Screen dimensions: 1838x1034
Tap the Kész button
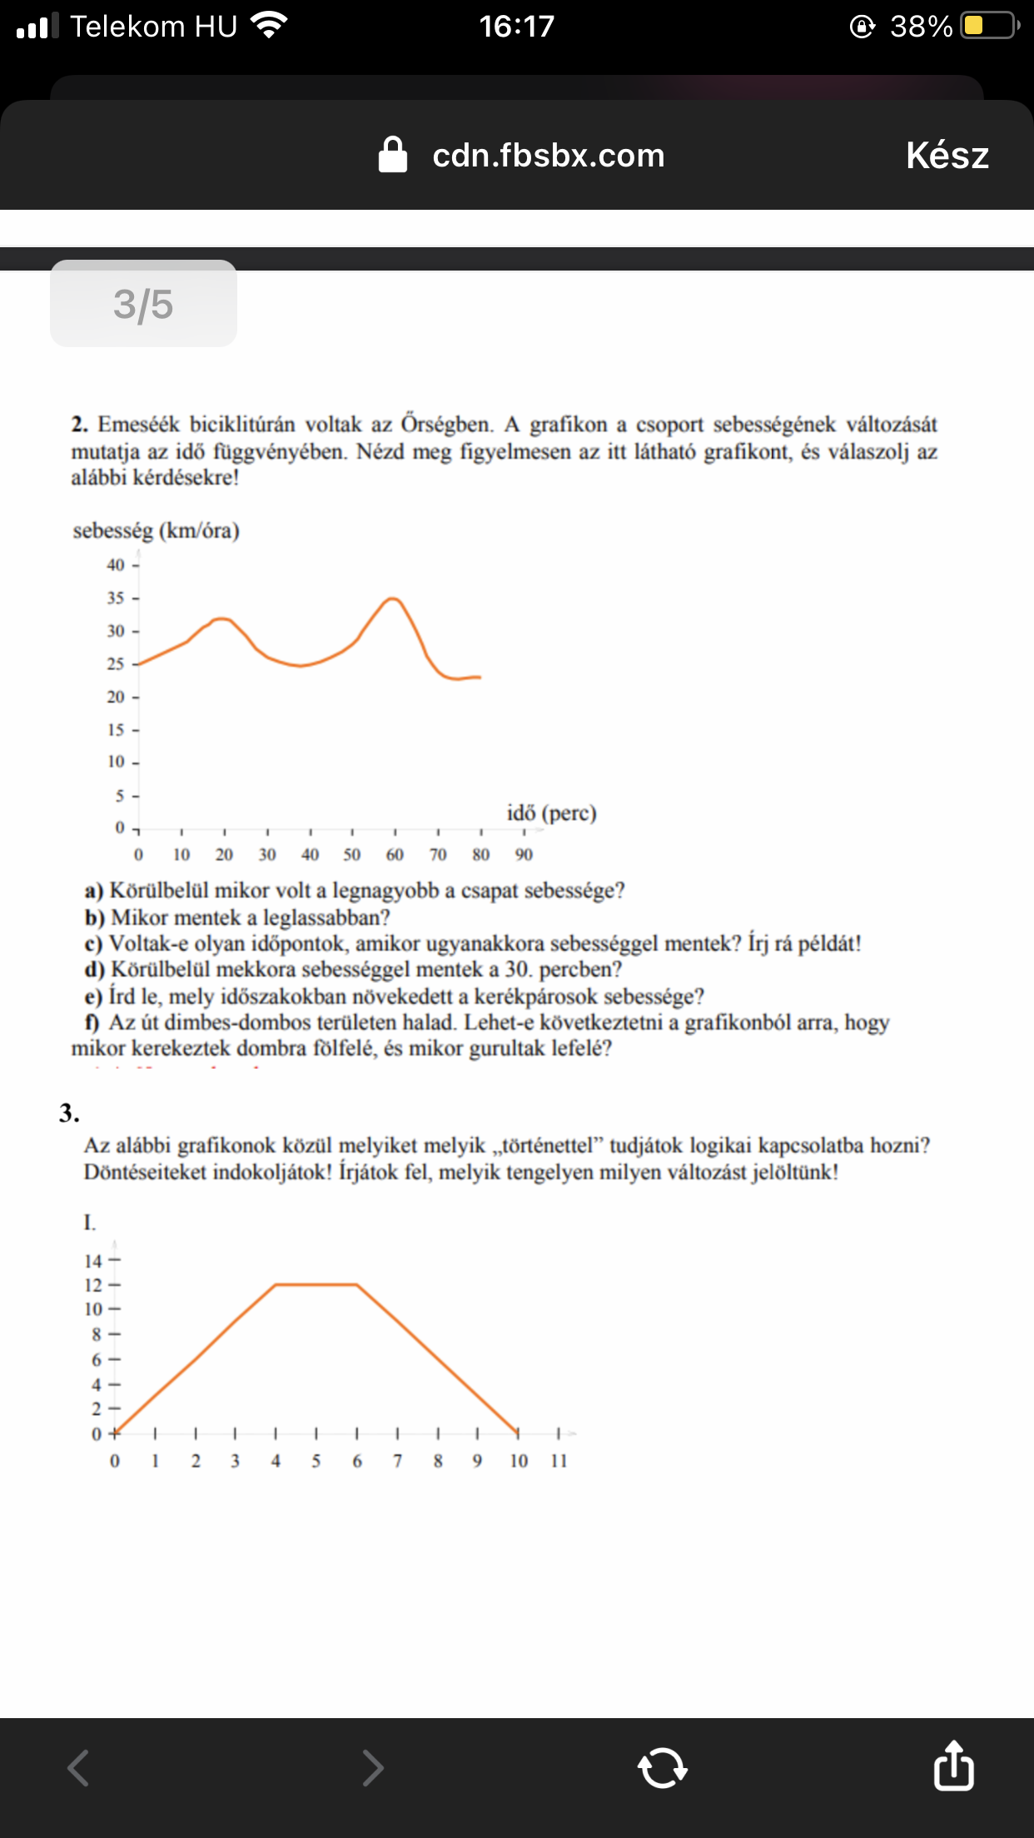(x=947, y=156)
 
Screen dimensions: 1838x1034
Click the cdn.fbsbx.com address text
(x=548, y=156)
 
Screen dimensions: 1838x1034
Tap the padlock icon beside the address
(x=393, y=155)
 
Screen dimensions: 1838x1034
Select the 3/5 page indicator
(x=143, y=304)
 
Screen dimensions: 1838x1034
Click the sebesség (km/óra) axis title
(x=156, y=531)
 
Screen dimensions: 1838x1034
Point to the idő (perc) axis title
(x=551, y=812)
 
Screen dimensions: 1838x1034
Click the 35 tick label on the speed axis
(x=115, y=598)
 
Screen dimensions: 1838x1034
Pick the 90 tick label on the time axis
(x=524, y=854)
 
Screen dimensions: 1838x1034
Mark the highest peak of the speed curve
(x=392, y=599)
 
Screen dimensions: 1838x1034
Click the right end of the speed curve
(x=480, y=677)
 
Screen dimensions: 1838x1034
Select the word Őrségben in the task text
(x=446, y=425)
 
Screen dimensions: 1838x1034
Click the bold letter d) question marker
(x=94, y=970)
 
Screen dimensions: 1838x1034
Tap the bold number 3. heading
(x=69, y=1113)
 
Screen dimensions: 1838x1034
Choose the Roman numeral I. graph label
(x=89, y=1222)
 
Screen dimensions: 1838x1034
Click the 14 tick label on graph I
(x=92, y=1261)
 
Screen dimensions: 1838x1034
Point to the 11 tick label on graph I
(x=559, y=1461)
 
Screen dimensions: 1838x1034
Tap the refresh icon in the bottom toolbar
(x=662, y=1767)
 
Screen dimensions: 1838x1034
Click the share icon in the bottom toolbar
(x=953, y=1766)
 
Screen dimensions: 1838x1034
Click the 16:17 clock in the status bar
(x=516, y=27)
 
